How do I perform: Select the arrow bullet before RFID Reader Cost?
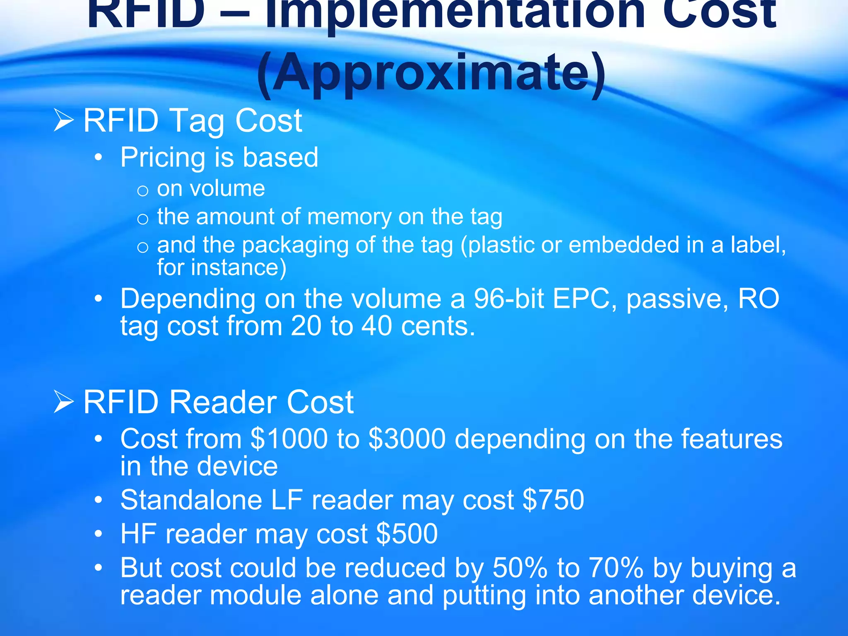pos(64,402)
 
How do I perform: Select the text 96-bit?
pos(508,299)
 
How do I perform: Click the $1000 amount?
pos(289,439)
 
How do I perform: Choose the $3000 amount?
pos(407,439)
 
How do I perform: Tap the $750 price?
pos(553,500)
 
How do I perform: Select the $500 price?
pos(407,534)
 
